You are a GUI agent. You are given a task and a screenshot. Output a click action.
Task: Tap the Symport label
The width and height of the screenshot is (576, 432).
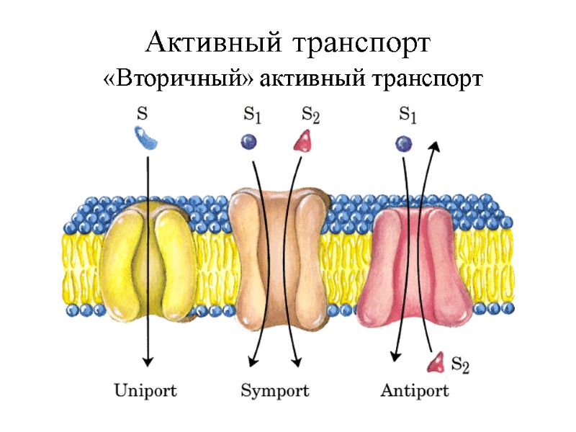[274, 391]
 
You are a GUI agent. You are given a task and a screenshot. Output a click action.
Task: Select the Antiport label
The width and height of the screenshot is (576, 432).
[414, 391]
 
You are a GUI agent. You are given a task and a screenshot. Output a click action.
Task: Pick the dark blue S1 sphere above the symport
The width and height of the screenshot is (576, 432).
[249, 142]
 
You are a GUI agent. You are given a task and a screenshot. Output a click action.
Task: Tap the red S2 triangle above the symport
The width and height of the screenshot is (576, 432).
[302, 140]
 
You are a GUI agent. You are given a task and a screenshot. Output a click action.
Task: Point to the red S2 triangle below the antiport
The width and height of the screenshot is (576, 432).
[435, 362]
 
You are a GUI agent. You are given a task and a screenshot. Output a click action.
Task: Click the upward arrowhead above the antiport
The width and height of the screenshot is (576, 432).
[434, 146]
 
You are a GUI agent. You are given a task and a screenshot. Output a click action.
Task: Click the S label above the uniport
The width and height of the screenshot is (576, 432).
[143, 114]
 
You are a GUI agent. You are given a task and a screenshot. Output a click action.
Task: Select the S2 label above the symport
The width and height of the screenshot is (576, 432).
[311, 114]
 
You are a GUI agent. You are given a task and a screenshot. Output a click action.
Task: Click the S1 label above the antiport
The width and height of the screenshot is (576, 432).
[409, 114]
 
